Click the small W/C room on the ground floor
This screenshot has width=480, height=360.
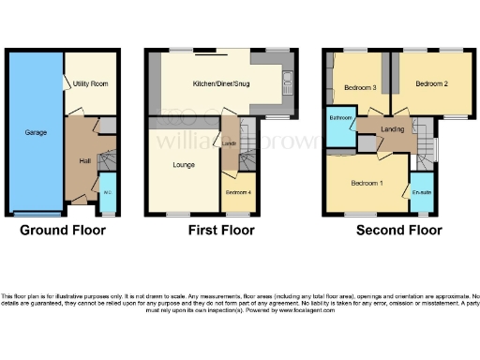tap(107, 193)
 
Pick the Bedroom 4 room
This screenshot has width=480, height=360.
tap(238, 192)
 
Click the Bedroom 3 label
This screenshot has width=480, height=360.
tap(359, 87)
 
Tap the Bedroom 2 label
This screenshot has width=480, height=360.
tap(431, 83)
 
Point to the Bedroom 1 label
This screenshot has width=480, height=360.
tap(367, 181)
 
